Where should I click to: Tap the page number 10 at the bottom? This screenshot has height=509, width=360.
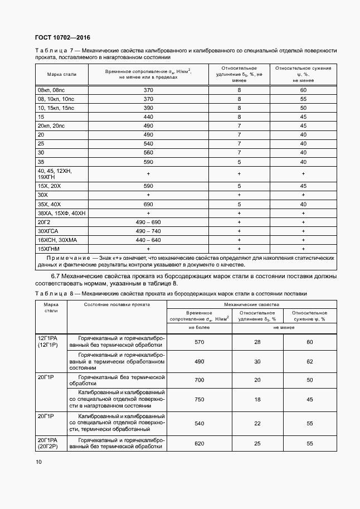38,462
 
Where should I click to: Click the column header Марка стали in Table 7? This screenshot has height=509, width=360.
58,74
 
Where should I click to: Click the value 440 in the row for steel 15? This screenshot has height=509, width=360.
148,117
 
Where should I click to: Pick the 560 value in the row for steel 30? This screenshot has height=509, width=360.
148,153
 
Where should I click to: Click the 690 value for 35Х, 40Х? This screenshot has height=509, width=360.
148,204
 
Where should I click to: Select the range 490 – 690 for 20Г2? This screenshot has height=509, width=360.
148,222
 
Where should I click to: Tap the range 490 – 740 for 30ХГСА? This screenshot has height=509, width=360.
148,231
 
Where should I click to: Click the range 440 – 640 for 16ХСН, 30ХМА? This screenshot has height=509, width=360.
148,240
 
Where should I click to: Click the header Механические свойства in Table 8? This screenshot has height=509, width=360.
252,304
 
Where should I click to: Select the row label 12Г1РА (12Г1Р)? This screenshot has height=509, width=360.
51,341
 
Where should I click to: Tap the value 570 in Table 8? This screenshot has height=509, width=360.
200,342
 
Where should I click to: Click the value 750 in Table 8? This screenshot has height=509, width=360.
200,400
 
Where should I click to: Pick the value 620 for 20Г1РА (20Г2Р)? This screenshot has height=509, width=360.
200,443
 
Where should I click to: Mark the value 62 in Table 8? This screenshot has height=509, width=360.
310,362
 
